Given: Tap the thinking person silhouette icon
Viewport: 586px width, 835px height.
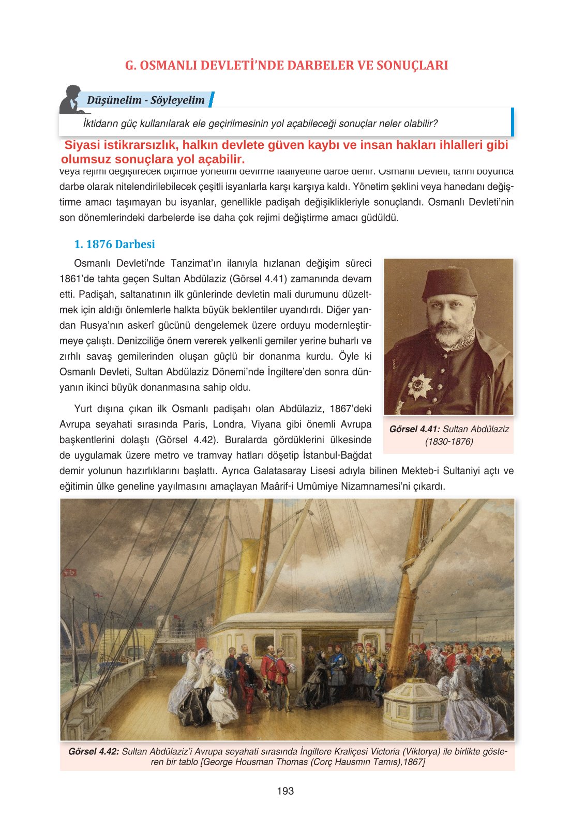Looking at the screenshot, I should click(72, 100).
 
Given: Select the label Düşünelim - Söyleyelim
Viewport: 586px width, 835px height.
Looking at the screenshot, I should click(146, 100).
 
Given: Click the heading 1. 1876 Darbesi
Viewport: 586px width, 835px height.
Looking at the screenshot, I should click(114, 244).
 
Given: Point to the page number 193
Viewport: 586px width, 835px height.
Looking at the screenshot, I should click(285, 791).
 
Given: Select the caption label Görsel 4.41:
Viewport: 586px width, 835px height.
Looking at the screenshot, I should click(415, 429).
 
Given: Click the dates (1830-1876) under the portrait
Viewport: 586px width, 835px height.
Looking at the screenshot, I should click(448, 442).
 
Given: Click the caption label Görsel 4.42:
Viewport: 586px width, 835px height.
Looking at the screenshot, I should click(94, 751).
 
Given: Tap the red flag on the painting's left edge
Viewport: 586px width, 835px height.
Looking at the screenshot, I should click(69, 573).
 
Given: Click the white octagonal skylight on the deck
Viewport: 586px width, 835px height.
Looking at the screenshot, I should click(416, 703).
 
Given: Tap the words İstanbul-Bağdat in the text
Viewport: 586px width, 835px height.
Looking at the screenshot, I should click(337, 456).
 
